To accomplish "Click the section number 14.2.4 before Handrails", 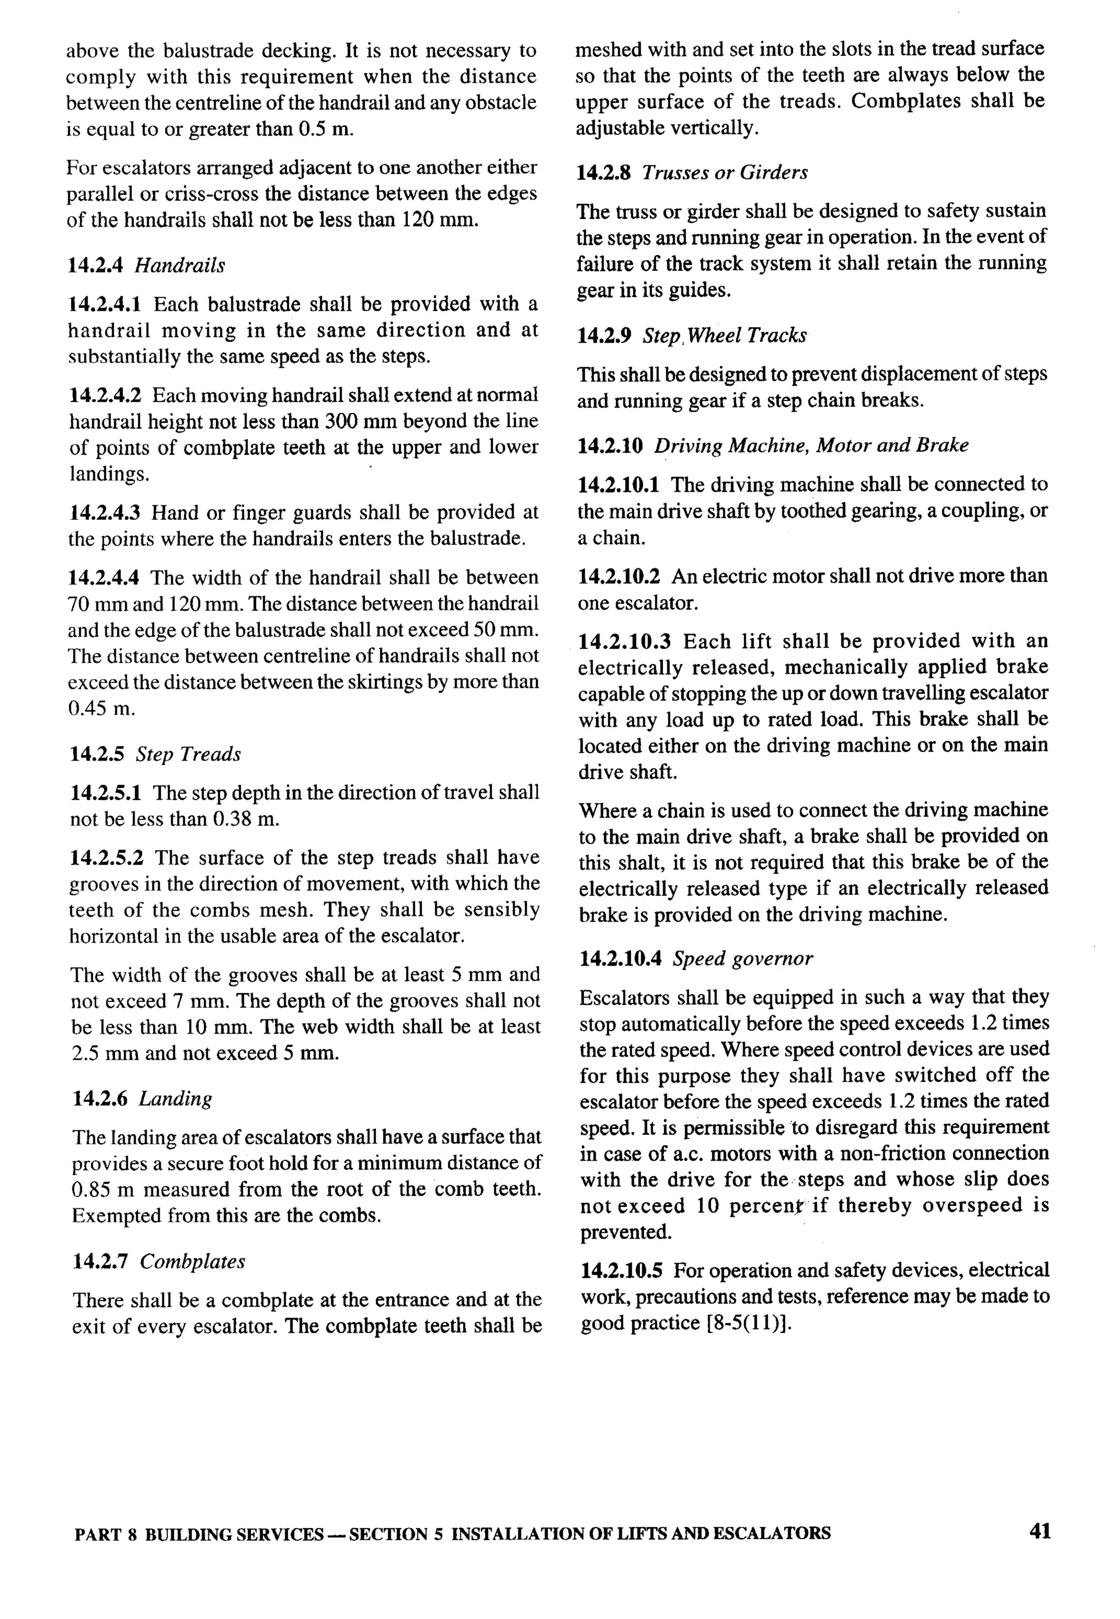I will (x=96, y=265).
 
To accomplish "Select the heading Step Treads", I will (x=188, y=754).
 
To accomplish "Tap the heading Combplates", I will (x=192, y=1262).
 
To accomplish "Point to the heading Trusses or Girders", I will (x=724, y=173).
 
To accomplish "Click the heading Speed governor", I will (x=743, y=959).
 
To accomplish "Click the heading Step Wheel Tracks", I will (x=724, y=335).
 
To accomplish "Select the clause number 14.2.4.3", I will (x=104, y=513).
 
